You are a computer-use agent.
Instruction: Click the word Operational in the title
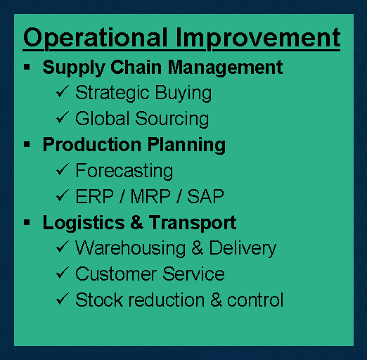[x=96, y=38]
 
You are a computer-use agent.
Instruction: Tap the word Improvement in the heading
[x=258, y=38]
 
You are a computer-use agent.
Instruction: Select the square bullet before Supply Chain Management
[x=27, y=67]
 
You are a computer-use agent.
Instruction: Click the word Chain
[x=136, y=67]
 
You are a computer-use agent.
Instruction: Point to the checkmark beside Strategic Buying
[x=63, y=91]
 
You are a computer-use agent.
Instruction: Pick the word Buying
[x=183, y=94]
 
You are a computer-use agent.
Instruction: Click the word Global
[x=103, y=118]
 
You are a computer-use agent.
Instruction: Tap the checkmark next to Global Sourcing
[x=63, y=117]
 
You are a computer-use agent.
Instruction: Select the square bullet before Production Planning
[x=27, y=144]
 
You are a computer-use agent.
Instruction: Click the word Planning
[x=187, y=146]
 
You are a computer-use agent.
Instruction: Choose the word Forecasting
[x=124, y=171]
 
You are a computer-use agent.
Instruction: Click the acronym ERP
[x=95, y=196]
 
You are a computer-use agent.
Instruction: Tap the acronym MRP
[x=150, y=196]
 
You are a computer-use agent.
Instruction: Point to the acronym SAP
[x=205, y=196]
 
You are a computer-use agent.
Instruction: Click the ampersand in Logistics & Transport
[x=136, y=222]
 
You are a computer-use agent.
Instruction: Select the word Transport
[x=193, y=223]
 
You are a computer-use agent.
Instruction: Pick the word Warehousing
[x=130, y=248]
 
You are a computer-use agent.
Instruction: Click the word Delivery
[x=243, y=248]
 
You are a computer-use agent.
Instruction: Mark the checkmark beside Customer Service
[x=63, y=273]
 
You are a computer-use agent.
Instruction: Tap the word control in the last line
[x=255, y=300]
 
